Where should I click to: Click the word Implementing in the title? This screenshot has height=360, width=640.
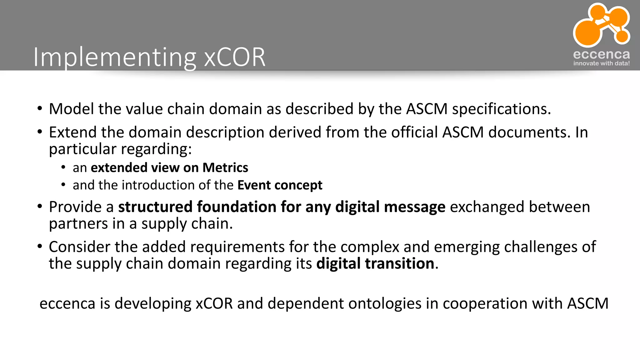[114, 57]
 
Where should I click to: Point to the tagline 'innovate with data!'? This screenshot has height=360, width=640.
[601, 63]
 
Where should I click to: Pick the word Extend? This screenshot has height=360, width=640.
[72, 132]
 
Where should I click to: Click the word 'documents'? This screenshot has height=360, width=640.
[527, 132]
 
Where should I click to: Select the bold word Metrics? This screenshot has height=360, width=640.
[225, 168]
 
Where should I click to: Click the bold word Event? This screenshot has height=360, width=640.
[254, 185]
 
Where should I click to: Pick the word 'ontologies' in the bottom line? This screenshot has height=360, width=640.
[385, 303]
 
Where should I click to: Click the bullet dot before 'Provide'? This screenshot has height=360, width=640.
[40, 207]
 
